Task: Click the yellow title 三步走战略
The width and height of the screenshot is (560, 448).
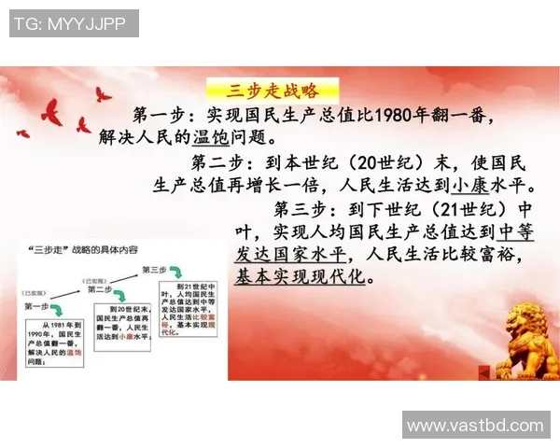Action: (272, 91)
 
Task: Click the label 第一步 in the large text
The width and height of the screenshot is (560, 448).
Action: (155, 116)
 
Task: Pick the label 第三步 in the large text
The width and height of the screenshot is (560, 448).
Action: (298, 207)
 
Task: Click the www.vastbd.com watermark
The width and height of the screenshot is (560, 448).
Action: (475, 426)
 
